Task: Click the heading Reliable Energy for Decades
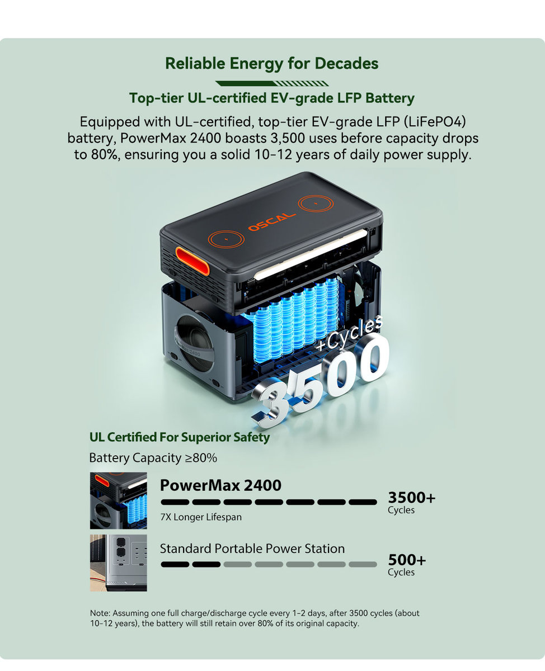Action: (272, 64)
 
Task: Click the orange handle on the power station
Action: (192, 261)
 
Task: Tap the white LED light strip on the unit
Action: (311, 254)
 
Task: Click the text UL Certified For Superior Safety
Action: (180, 437)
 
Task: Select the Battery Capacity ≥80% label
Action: (153, 458)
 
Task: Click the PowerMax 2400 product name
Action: (220, 485)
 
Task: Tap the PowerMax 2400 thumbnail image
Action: (119, 500)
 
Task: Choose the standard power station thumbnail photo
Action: (119, 563)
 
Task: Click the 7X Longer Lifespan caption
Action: (201, 517)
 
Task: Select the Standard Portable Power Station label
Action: (252, 549)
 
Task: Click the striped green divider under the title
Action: (272, 83)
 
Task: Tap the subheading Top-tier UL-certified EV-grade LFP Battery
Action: (272, 98)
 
